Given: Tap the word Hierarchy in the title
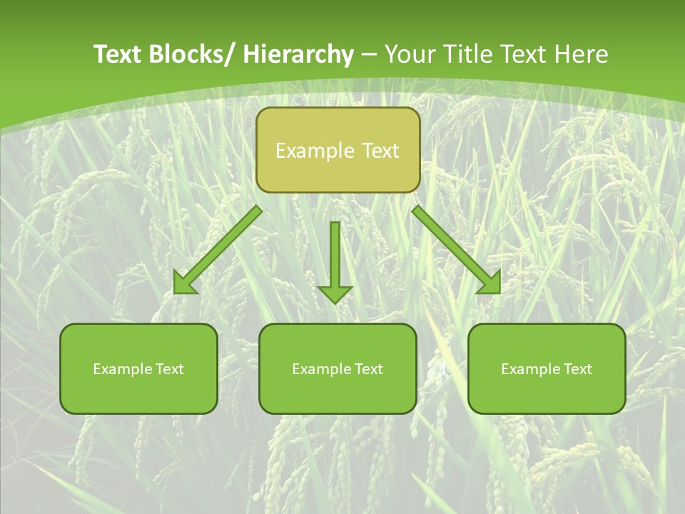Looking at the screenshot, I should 298,55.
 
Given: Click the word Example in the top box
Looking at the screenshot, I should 314,151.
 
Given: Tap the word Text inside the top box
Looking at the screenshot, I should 380,151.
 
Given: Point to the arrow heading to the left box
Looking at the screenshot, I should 218,250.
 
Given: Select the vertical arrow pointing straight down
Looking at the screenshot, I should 335,257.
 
